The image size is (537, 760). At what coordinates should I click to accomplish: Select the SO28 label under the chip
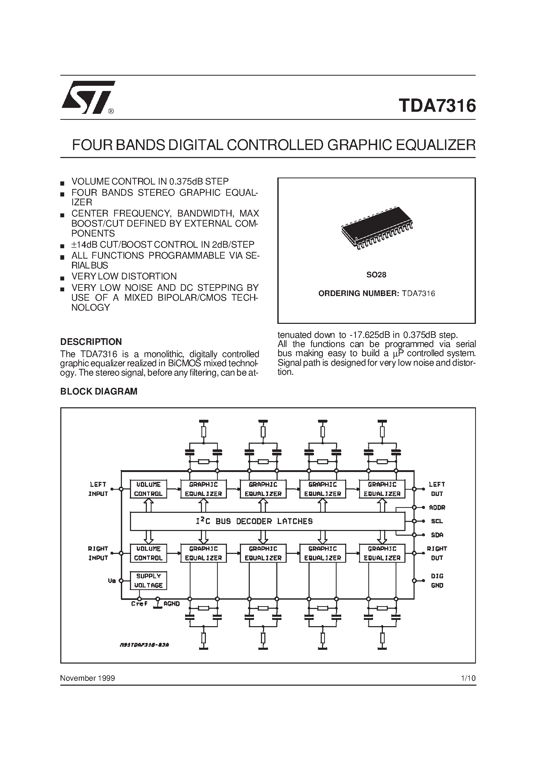tap(376, 275)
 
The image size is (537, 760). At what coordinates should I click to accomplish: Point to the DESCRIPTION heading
tap(91, 342)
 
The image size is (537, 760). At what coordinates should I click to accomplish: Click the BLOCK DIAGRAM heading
tap(99, 391)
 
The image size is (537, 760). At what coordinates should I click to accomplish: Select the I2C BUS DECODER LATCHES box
tap(267, 521)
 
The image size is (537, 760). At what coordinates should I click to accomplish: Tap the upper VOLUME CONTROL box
tap(148, 489)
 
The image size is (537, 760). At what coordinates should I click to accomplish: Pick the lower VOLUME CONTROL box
tap(148, 553)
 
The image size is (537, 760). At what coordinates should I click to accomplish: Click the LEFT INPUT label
tap(98, 489)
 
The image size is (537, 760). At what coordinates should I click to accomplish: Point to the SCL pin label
tap(437, 521)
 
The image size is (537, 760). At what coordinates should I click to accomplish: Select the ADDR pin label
tap(437, 507)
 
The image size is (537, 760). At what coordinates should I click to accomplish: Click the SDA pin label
tap(437, 535)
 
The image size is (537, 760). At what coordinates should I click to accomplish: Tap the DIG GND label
tap(437, 581)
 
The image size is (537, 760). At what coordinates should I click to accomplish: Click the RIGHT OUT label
tap(437, 553)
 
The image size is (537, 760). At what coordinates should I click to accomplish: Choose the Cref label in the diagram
tap(139, 604)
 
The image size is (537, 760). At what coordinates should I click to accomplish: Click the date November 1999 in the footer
tap(87, 678)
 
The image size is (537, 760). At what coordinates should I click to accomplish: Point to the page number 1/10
tap(468, 678)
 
